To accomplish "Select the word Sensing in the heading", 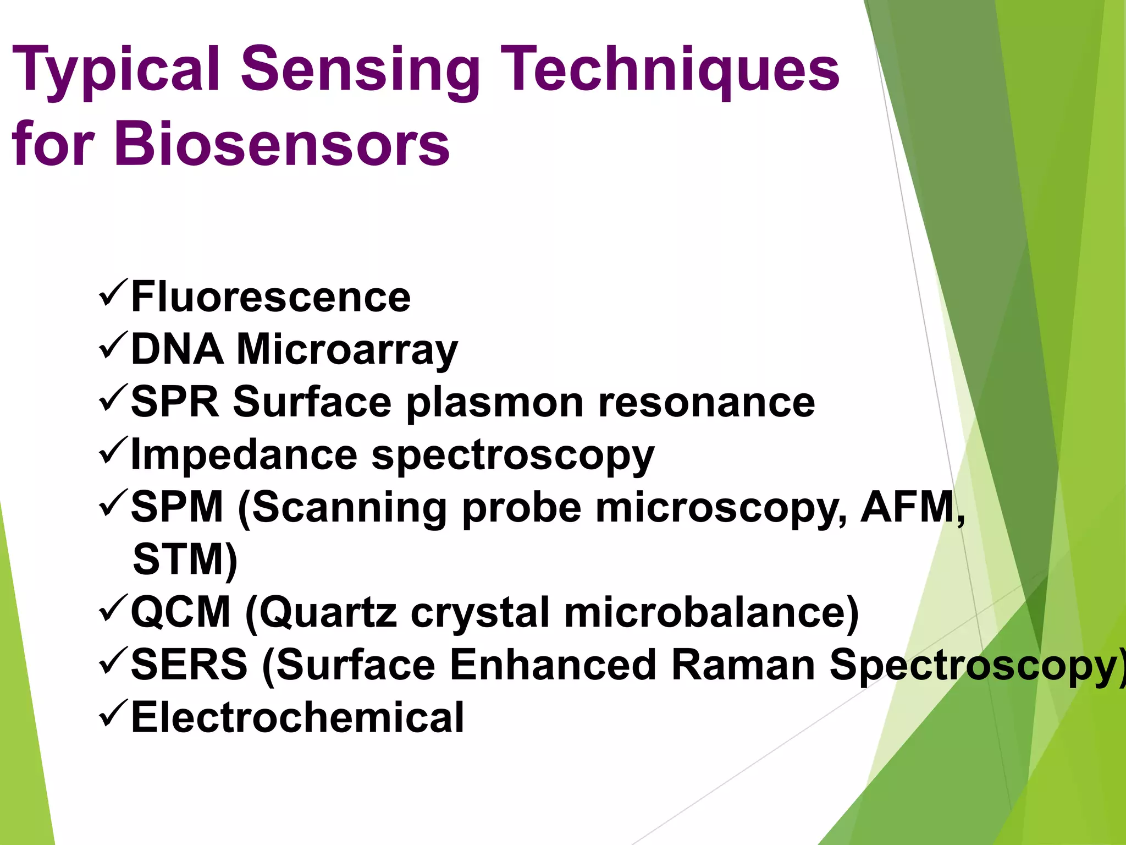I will tap(360, 70).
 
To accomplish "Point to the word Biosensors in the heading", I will tap(282, 144).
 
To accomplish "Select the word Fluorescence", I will tap(271, 297).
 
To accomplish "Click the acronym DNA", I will tap(177, 350).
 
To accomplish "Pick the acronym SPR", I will tap(175, 402).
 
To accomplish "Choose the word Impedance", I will tap(244, 456).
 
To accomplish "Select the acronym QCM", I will tap(180, 612).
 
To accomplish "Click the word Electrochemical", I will tap(297, 717).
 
